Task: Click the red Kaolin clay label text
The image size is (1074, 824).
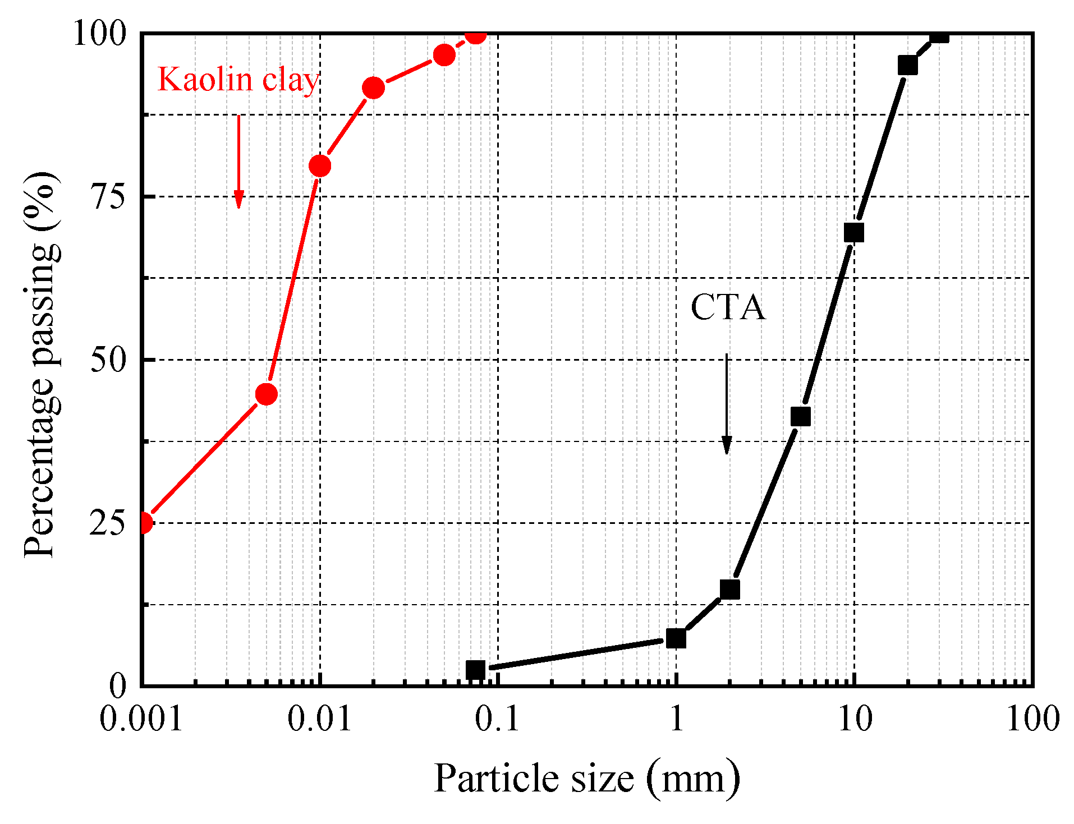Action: (238, 80)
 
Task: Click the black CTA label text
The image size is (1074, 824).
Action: (728, 307)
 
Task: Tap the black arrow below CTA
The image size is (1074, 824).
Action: (727, 404)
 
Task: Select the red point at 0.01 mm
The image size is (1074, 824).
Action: (320, 165)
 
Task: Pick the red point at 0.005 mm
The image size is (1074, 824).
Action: (266, 394)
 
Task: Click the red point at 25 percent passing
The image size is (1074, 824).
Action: (144, 523)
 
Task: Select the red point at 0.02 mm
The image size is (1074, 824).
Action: (373, 88)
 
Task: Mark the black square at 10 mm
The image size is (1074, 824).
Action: (853, 232)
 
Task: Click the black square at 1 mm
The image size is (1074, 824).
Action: (676, 638)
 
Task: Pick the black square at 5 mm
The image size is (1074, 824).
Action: (800, 416)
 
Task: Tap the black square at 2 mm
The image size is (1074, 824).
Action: (729, 589)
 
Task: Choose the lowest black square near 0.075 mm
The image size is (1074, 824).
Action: (475, 669)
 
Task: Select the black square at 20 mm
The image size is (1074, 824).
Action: (907, 65)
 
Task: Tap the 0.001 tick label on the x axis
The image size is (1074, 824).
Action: (141, 719)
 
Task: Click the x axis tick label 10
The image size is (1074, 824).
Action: (855, 719)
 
